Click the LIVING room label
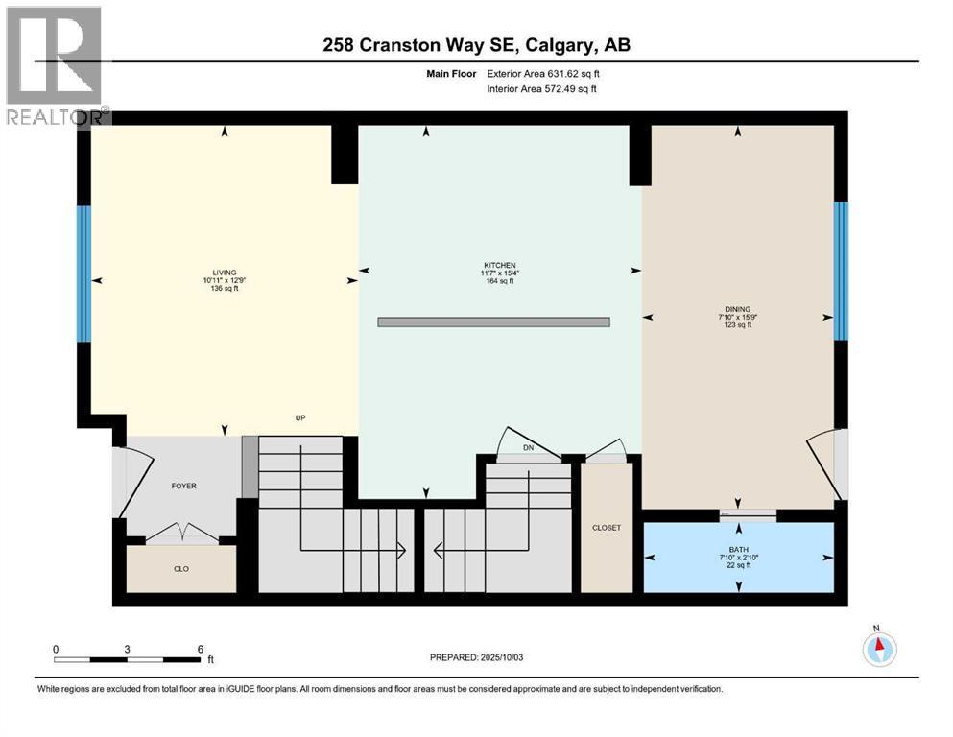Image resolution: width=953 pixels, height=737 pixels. click(225, 273)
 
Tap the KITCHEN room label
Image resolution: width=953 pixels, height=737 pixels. click(500, 265)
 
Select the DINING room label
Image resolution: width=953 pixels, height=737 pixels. click(738, 309)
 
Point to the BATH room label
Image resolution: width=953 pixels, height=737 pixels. click(739, 549)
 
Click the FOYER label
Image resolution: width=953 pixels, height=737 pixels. click(183, 486)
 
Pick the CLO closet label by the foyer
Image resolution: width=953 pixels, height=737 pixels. click(181, 569)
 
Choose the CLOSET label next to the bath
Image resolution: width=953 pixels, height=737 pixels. click(607, 528)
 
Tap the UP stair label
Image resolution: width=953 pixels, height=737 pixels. click(300, 418)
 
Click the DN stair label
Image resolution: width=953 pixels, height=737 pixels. click(528, 448)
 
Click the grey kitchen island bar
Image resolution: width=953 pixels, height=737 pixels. click(493, 322)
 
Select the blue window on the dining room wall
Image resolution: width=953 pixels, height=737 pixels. click(841, 271)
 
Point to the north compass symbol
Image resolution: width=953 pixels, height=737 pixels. click(879, 649)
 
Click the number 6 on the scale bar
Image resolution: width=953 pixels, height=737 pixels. click(200, 649)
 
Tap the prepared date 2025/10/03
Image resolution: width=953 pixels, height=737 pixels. click(501, 657)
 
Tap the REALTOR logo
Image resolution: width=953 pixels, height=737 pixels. click(55, 65)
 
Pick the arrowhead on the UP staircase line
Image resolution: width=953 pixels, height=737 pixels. click(401, 551)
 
